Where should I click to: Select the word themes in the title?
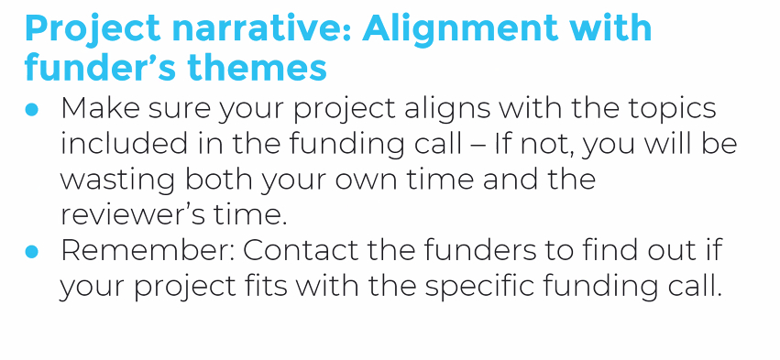[258, 68]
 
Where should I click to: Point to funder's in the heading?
[102, 68]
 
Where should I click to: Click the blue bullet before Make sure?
[31, 109]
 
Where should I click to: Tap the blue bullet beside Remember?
[31, 252]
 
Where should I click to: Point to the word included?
[124, 144]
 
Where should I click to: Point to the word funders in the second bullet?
[480, 251]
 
